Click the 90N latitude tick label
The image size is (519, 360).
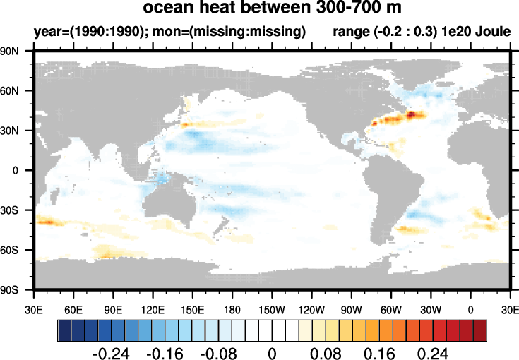click(x=9, y=51)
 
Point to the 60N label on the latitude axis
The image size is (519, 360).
click(x=9, y=90)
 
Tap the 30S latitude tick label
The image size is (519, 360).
click(x=9, y=210)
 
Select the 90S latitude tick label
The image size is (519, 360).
click(x=9, y=290)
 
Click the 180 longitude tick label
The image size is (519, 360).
click(x=232, y=310)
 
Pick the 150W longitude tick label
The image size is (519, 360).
click(x=272, y=310)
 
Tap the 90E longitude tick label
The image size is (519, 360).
click(x=113, y=310)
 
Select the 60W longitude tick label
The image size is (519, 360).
click(x=391, y=310)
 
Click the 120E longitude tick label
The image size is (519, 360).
click(x=153, y=310)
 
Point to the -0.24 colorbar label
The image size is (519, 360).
click(x=112, y=354)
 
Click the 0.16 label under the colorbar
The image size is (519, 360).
click(x=379, y=354)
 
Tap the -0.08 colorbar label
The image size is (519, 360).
click(x=218, y=354)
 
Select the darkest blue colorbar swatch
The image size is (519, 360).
click(x=64, y=330)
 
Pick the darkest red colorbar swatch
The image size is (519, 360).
click(x=480, y=330)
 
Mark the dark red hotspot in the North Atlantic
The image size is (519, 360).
click(x=411, y=114)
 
